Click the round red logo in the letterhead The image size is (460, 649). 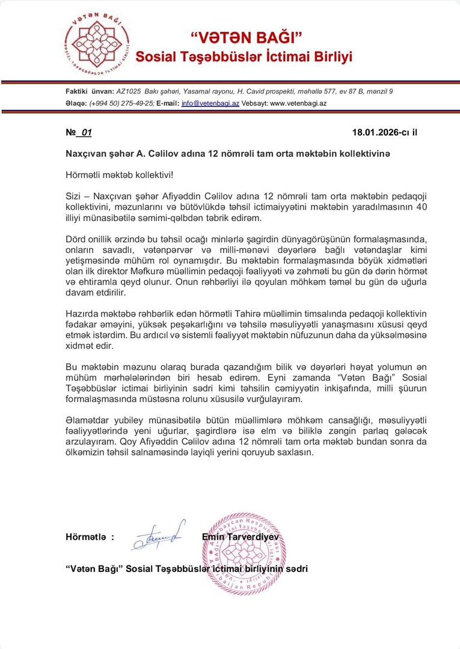(x=97, y=46)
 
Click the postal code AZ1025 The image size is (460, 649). (x=129, y=91)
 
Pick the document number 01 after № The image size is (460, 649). (x=86, y=132)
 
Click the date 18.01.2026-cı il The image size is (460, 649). (x=384, y=132)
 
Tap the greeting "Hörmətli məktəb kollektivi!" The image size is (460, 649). (x=119, y=174)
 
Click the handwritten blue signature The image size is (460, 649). (x=158, y=535)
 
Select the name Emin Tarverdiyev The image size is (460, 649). (x=241, y=537)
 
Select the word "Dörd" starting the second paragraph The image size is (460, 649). (x=76, y=239)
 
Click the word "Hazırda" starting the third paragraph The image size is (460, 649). (x=82, y=314)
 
